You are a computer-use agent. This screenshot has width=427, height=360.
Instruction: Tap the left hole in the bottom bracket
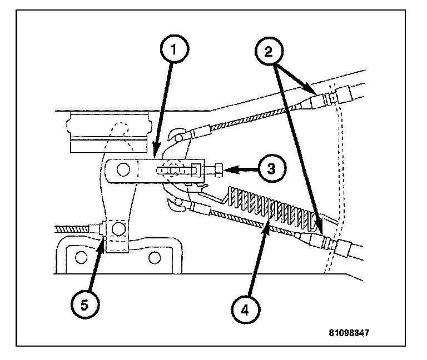82,257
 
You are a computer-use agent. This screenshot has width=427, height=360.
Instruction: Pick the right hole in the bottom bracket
155,257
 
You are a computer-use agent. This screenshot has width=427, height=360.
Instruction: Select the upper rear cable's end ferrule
200,132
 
